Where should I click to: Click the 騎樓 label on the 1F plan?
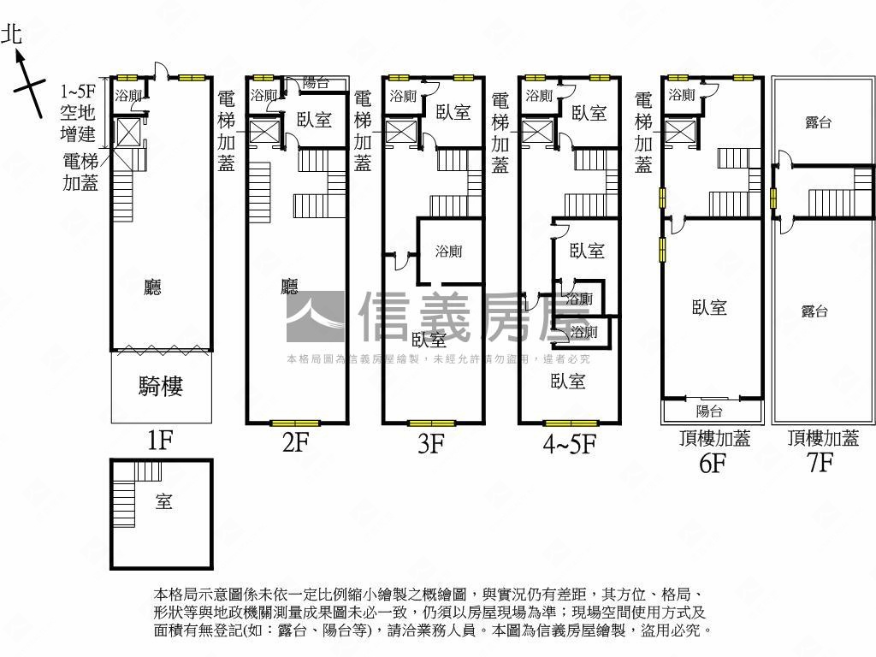161,387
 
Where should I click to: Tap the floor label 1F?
160,441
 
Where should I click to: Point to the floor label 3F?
431,443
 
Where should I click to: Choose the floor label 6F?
713,464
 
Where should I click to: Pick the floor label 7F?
820,464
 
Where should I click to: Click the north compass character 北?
12,35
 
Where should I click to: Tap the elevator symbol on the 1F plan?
127,133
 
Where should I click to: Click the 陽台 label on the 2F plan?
317,83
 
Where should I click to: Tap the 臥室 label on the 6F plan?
709,307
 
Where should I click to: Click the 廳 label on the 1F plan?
152,287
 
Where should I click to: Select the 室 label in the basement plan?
163,501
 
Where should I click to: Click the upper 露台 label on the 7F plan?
819,122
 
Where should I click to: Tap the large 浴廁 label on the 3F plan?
448,252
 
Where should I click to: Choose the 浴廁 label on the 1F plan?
128,96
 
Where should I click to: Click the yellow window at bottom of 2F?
295,423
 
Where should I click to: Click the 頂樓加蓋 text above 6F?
714,439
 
